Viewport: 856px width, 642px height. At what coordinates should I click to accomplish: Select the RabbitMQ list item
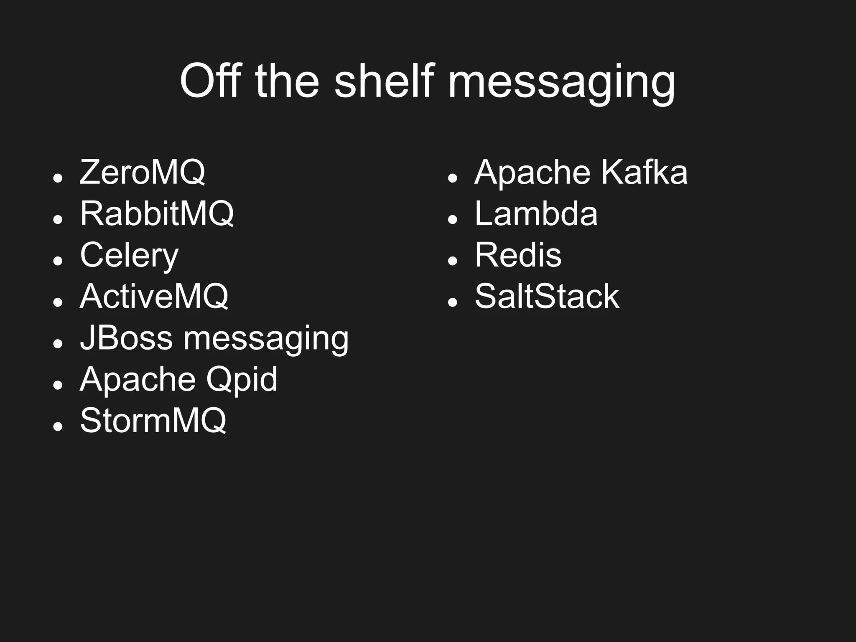(157, 213)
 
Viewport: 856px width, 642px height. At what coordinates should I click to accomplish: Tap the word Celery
(129, 255)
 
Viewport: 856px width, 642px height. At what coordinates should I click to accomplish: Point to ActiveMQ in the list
(154, 297)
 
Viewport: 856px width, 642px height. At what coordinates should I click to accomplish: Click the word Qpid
(242, 379)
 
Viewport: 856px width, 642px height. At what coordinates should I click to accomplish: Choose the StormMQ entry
(153, 420)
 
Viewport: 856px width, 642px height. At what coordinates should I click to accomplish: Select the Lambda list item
(536, 213)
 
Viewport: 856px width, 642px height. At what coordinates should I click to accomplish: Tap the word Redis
(518, 255)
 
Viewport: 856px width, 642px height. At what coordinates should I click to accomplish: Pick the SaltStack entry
(547, 297)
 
